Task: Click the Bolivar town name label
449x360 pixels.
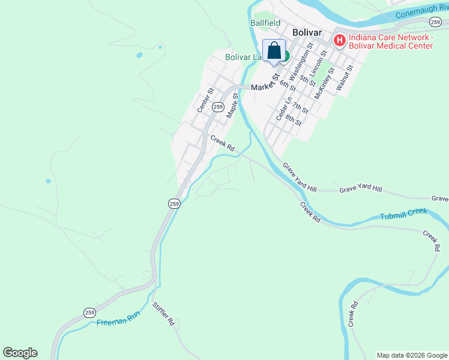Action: click(307, 32)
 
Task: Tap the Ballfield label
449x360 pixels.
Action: click(265, 23)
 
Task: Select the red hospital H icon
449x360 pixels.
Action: click(339, 41)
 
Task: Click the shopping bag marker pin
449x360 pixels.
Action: click(274, 50)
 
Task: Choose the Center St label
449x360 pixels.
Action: click(206, 101)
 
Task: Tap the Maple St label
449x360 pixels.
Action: click(232, 104)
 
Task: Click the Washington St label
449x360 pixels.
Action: click(301, 61)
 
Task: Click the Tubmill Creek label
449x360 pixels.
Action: click(403, 214)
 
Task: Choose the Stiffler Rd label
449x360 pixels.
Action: click(163, 314)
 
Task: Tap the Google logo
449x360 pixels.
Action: click(20, 353)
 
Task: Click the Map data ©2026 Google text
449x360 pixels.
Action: click(412, 355)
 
